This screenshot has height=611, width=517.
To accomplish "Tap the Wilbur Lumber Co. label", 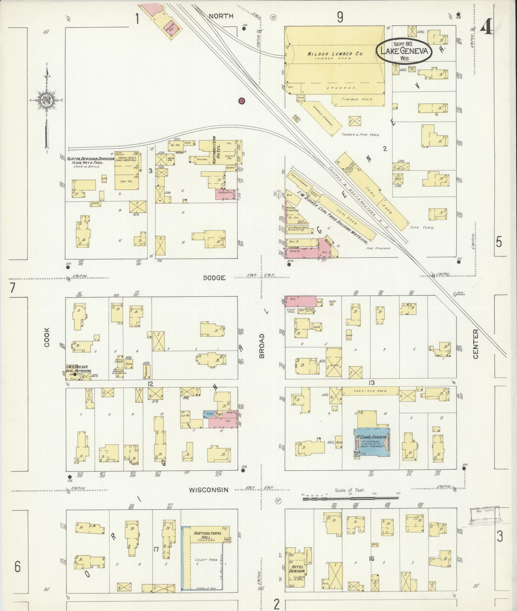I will (x=335, y=54).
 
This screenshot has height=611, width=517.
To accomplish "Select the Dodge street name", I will (x=214, y=278).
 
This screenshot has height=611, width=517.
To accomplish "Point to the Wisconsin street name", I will (x=209, y=490).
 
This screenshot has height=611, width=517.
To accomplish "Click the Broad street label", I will (x=262, y=346).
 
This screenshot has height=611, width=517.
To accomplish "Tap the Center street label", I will (x=476, y=344).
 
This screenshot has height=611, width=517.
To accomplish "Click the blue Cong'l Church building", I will (x=371, y=443).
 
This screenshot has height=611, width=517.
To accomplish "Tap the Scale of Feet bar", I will (x=351, y=498).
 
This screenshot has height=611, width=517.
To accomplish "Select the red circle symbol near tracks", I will (x=241, y=101).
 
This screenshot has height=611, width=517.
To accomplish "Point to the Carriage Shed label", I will (x=370, y=391).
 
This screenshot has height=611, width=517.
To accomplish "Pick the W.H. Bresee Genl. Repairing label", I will (x=79, y=369).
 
